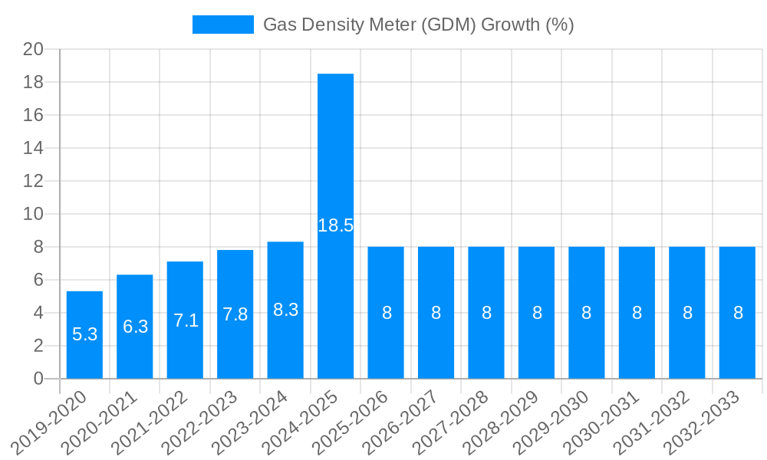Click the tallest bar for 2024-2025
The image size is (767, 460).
click(335, 153)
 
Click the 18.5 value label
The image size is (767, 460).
click(335, 225)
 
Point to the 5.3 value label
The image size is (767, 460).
click(84, 334)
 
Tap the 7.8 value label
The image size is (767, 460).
click(235, 314)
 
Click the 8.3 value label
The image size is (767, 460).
click(285, 310)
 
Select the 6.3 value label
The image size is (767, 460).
click(135, 327)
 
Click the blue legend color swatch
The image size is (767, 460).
click(222, 25)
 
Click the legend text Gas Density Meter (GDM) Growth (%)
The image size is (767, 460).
click(418, 25)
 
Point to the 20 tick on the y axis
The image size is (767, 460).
click(33, 49)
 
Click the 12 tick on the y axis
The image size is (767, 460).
click(33, 181)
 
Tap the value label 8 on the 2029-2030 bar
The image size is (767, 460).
click(587, 313)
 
